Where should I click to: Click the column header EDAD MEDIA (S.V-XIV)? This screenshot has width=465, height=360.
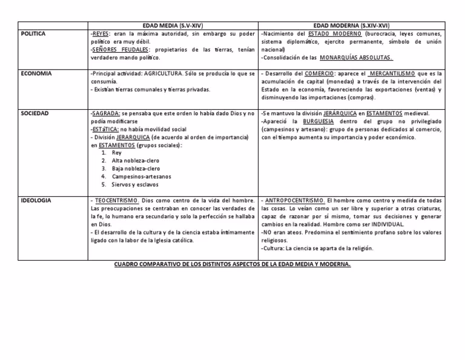[x=173, y=26]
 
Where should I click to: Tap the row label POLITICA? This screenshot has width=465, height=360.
[x=33, y=34]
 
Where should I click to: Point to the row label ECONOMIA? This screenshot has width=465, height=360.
[x=36, y=74]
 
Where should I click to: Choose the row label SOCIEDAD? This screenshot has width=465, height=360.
[x=35, y=113]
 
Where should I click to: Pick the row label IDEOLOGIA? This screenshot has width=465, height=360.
[x=36, y=201]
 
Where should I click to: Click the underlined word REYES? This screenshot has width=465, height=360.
[x=101, y=34]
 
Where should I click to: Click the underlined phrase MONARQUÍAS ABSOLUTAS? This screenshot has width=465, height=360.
[x=357, y=58]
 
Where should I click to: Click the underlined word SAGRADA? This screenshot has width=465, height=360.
[x=105, y=113]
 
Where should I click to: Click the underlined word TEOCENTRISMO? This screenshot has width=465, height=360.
[x=115, y=201]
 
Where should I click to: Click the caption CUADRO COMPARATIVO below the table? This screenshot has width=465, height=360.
[x=232, y=265]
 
